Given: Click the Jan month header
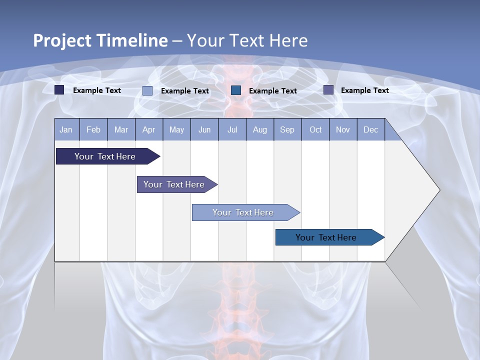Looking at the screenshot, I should pyautogui.click(x=66, y=129).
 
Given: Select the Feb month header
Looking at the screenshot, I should pyautogui.click(x=93, y=129).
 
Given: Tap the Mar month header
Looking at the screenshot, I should pyautogui.click(x=121, y=129).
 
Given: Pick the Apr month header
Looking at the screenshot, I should pyautogui.click(x=149, y=129).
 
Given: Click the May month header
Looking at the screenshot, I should pyautogui.click(x=176, y=129).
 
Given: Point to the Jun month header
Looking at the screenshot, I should pyautogui.click(x=204, y=129).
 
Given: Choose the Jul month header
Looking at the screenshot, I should pyautogui.click(x=232, y=129).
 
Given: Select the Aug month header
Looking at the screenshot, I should pyautogui.click(x=260, y=129).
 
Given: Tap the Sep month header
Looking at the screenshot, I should pyautogui.click(x=287, y=129).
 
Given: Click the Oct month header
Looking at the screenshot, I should pyautogui.click(x=315, y=129).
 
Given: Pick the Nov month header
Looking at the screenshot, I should pyautogui.click(x=343, y=129).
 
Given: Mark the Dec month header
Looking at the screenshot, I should pyautogui.click(x=371, y=129).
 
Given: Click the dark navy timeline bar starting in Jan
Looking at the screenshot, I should pyautogui.click(x=105, y=156).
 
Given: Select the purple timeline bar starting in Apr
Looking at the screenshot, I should pyautogui.click(x=174, y=184).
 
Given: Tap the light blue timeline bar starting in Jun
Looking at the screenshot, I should pyautogui.click(x=243, y=212).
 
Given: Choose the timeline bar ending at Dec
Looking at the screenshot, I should pyautogui.click(x=326, y=237).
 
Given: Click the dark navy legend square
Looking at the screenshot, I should pyautogui.click(x=59, y=90).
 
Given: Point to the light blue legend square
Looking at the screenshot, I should pyautogui.click(x=147, y=90).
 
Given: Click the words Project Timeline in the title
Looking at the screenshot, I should pyautogui.click(x=100, y=40).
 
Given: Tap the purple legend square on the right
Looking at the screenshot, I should pyautogui.click(x=328, y=90).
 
